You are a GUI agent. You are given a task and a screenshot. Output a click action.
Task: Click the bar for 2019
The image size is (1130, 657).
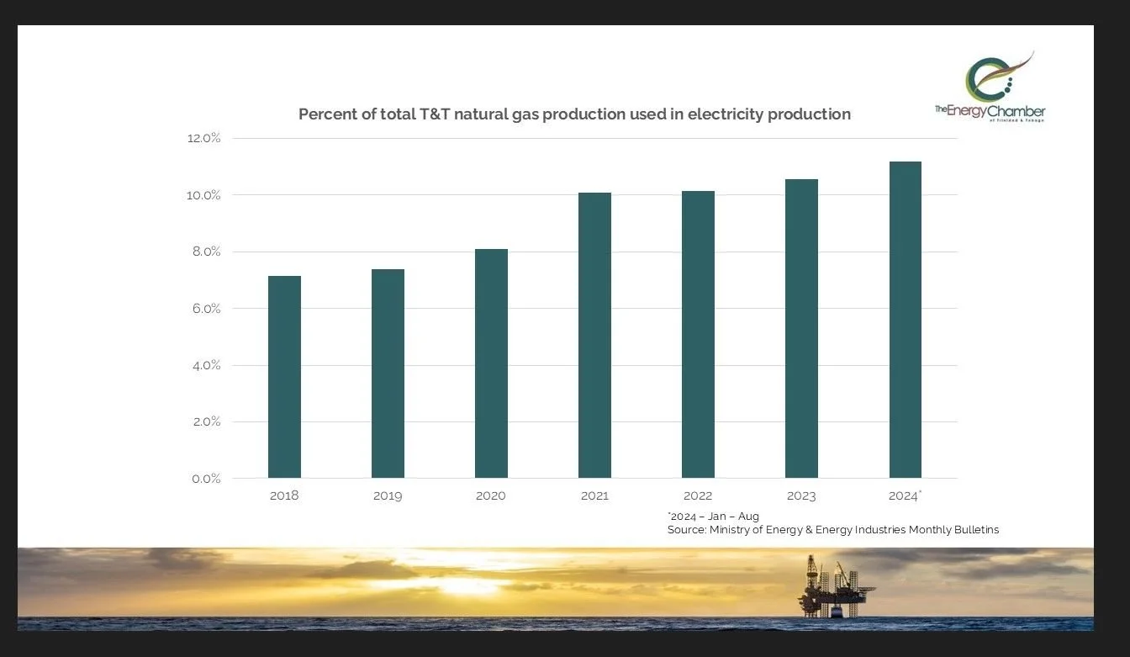click(x=388, y=374)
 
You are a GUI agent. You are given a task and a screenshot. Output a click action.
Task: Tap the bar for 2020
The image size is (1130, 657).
click(x=491, y=363)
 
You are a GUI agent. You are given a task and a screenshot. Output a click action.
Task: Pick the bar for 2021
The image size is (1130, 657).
click(x=594, y=336)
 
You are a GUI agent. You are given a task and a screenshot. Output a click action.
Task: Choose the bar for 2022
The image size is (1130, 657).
click(x=698, y=335)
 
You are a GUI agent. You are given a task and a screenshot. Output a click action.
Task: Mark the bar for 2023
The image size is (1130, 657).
click(x=801, y=329)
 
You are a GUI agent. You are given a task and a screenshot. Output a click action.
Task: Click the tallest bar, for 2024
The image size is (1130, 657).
click(x=905, y=320)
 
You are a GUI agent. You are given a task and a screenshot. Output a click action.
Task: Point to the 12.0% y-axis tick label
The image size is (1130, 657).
click(x=203, y=138)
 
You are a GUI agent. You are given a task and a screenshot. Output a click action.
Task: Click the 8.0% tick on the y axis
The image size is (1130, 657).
click(x=203, y=252)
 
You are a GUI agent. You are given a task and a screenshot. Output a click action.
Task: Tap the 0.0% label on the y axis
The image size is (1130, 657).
click(x=203, y=479)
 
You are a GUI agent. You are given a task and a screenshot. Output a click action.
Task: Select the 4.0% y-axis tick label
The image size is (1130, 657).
click(x=203, y=365)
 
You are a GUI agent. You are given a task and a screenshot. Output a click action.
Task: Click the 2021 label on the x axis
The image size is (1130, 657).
click(x=594, y=495)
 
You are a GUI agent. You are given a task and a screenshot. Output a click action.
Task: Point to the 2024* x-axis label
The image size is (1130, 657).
click(x=905, y=495)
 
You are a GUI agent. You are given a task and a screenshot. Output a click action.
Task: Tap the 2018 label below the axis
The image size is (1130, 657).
click(x=284, y=495)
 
